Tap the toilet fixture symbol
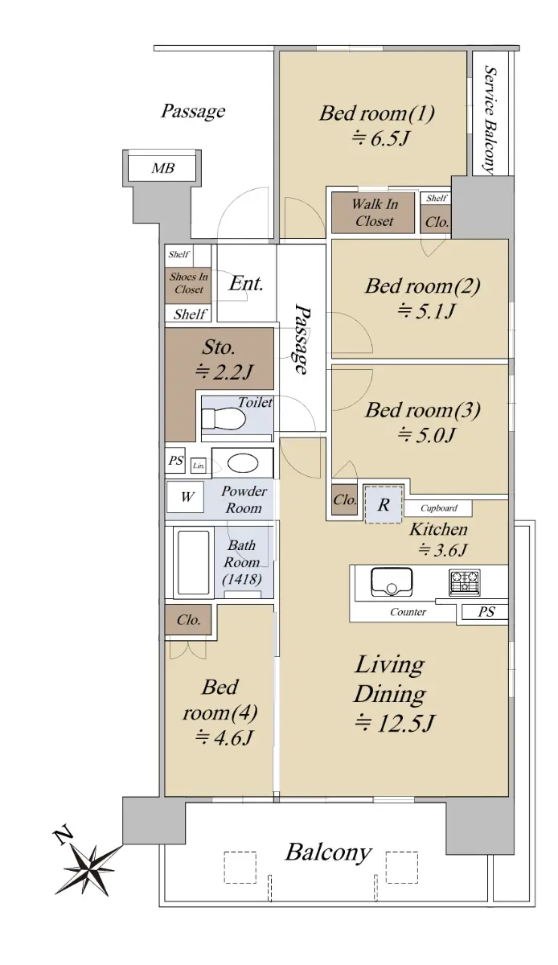click(x=224, y=418)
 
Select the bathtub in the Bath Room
click(x=194, y=562)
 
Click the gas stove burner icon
click(x=465, y=582)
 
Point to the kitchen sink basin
click(x=392, y=581)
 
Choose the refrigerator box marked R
click(x=384, y=504)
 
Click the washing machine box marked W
click(x=186, y=497)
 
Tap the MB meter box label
click(x=163, y=168)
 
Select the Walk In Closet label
click(x=374, y=212)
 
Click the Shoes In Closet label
click(x=189, y=283)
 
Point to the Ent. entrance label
click(x=245, y=283)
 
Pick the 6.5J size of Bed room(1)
click(x=380, y=138)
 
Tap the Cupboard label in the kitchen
click(x=439, y=508)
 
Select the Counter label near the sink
click(x=408, y=612)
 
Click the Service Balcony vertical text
click(x=490, y=120)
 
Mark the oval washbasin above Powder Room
click(x=243, y=463)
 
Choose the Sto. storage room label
click(x=219, y=347)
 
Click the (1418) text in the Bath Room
click(x=242, y=580)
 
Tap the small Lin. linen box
click(x=199, y=466)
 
